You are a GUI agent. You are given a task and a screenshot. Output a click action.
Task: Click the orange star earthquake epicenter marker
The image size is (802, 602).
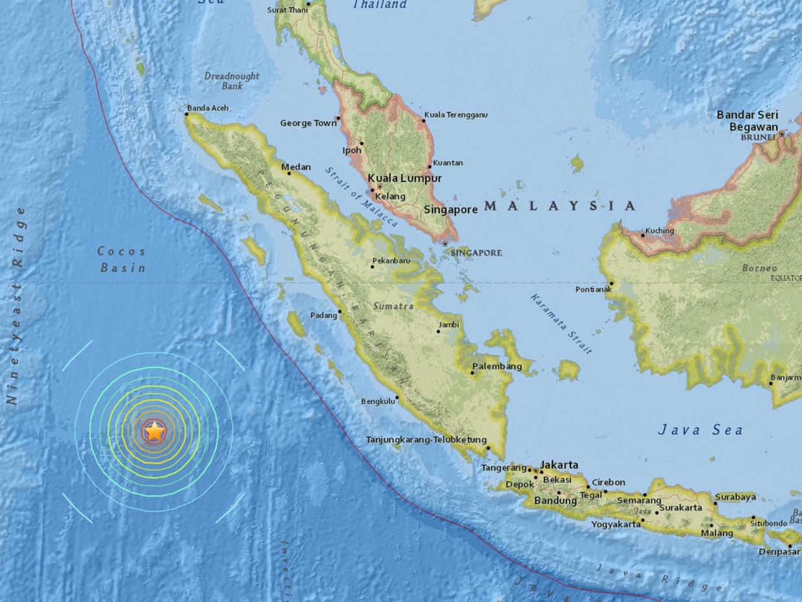point(154,431)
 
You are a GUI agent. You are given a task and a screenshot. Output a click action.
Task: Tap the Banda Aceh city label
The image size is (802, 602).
point(208,108)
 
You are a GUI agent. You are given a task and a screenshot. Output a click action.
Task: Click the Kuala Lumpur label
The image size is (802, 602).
point(405,178)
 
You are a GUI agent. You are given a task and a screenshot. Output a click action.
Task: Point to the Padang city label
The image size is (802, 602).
point(323,315)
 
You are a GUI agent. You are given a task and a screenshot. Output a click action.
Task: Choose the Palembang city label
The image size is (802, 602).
point(497,366)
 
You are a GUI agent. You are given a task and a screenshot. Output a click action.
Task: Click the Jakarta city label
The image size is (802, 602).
point(559,465)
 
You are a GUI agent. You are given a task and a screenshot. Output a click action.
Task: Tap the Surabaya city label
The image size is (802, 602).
point(735,497)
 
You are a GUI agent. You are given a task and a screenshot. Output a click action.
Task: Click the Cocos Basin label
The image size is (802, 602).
point(122,259)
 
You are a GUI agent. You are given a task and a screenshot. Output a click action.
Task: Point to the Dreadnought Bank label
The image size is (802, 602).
point(232,81)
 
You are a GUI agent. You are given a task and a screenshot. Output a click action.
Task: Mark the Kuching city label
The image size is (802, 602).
point(660,230)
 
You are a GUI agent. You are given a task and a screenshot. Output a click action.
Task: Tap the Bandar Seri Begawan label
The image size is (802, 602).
point(747,120)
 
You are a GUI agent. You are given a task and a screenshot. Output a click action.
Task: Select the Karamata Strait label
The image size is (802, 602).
point(560,324)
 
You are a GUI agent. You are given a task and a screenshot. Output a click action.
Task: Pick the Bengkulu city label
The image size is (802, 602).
point(378,401)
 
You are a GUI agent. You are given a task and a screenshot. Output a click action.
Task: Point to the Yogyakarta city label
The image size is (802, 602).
point(616,524)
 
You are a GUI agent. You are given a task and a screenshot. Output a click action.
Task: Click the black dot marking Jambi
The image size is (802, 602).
point(438,331)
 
